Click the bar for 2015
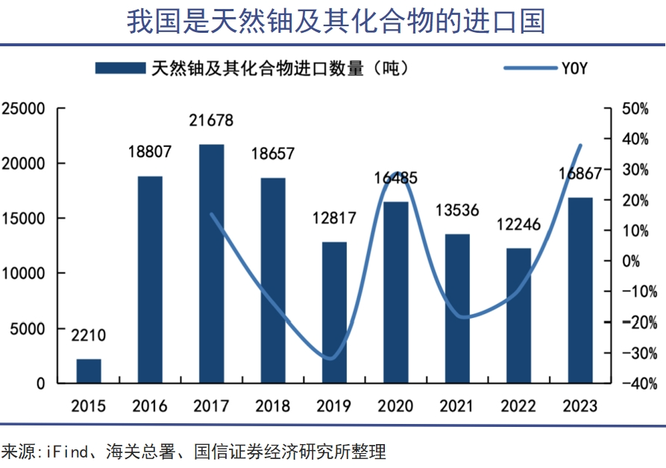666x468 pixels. pyautogui.click(x=89, y=371)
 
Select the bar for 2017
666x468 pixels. pyautogui.click(x=212, y=263)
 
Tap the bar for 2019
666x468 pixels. pyautogui.click(x=334, y=312)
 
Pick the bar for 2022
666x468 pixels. pyautogui.click(x=518, y=315)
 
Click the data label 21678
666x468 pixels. pyautogui.click(x=211, y=120)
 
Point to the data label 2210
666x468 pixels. pyautogui.click(x=88, y=336)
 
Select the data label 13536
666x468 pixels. pyautogui.click(x=456, y=210)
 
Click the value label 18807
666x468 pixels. pyautogui.click(x=149, y=152)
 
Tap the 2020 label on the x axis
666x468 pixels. pyautogui.click(x=395, y=406)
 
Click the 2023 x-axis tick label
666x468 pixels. pyautogui.click(x=579, y=406)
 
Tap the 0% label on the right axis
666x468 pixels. pyautogui.click(x=646, y=261)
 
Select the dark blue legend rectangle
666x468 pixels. pyautogui.click(x=119, y=68)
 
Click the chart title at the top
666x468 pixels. pyautogui.click(x=336, y=21)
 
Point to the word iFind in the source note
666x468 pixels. pyautogui.click(x=69, y=452)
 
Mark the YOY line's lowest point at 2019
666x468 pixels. pyautogui.click(x=329, y=358)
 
